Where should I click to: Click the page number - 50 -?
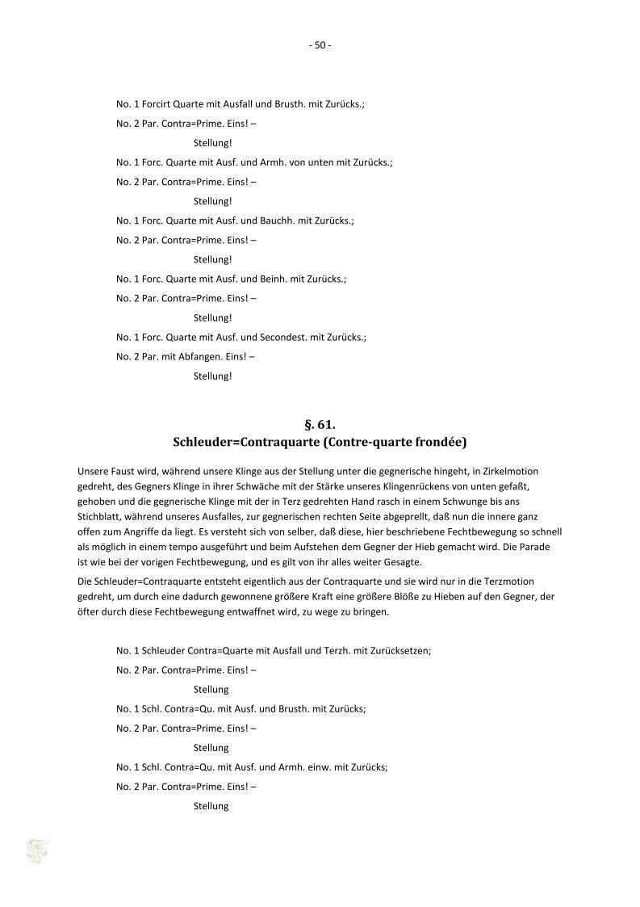coord(320,45)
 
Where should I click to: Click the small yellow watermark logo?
coord(36,850)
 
